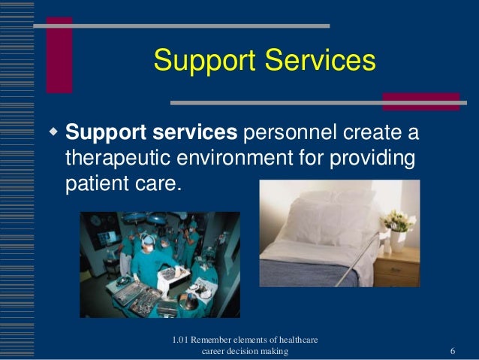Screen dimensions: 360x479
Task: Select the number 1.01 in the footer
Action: point(181,340)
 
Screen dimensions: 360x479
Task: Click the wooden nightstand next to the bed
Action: point(399,267)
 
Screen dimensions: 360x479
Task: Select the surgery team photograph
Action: point(160,264)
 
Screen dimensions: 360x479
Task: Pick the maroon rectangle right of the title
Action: point(420,101)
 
